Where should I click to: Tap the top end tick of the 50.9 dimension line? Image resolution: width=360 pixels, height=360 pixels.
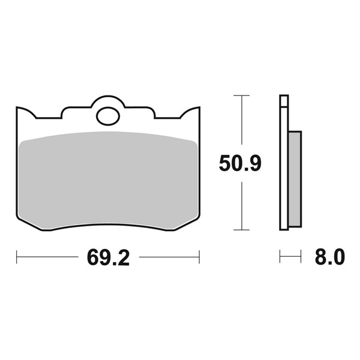tap(241, 95)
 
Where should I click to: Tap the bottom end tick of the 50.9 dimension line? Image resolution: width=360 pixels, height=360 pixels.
tap(241, 230)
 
